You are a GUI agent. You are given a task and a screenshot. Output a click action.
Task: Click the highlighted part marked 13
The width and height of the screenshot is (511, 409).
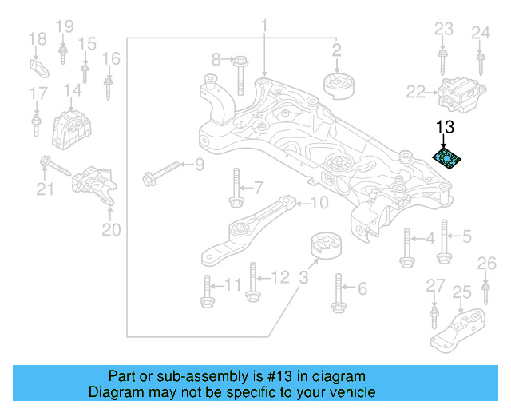point(447,157)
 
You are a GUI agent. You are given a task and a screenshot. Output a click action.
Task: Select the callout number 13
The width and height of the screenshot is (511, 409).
point(445,126)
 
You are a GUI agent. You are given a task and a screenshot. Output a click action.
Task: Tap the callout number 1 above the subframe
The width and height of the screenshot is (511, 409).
point(263,28)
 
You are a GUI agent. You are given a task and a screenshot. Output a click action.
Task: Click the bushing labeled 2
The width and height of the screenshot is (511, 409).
point(336,85)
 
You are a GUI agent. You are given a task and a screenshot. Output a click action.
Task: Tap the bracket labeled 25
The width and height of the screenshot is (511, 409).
point(459,330)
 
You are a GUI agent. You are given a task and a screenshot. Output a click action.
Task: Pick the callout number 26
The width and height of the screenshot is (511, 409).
point(485,263)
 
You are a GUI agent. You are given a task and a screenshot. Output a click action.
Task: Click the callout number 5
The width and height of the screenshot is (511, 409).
point(468,236)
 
